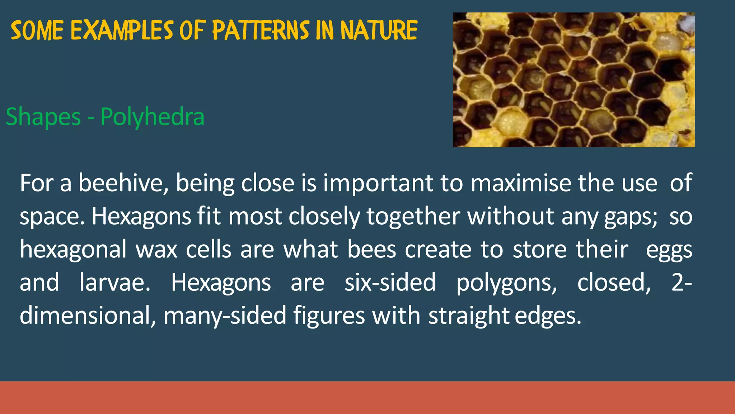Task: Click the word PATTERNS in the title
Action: (261, 30)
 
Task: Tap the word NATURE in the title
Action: (379, 30)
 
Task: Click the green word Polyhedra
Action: (152, 117)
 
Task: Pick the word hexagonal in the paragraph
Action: (73, 250)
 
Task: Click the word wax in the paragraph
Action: (156, 250)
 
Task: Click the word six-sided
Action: (390, 282)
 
